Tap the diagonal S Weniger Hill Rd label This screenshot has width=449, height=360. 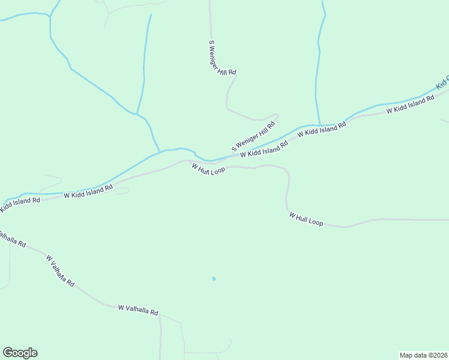point(253,137)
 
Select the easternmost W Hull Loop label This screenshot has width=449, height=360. point(306,218)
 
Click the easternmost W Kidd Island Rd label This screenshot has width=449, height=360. point(410,104)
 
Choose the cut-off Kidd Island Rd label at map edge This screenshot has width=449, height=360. point(20,204)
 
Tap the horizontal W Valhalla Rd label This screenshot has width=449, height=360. point(138,310)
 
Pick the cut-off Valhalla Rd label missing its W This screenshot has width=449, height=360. point(12,239)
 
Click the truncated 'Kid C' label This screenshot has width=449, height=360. point(442,83)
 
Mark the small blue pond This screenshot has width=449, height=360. point(214,278)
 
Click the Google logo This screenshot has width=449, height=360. point(20,353)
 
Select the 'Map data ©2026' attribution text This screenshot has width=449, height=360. point(423,355)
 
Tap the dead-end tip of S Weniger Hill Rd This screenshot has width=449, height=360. point(277,114)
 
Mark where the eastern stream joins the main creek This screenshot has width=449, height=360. point(319,125)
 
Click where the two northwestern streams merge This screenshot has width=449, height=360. point(137,114)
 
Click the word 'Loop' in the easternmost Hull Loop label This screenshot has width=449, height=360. point(315,221)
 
